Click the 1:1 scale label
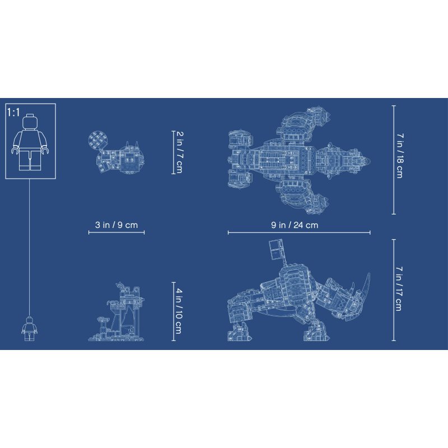coord(13,113)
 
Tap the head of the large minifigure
coord(30,121)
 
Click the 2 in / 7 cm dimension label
coord(179,152)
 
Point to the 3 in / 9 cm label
coord(116,225)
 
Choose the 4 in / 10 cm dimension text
coord(179,311)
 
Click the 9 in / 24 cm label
coord(295,225)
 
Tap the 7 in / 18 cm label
coord(400,156)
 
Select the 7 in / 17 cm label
coord(399,288)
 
